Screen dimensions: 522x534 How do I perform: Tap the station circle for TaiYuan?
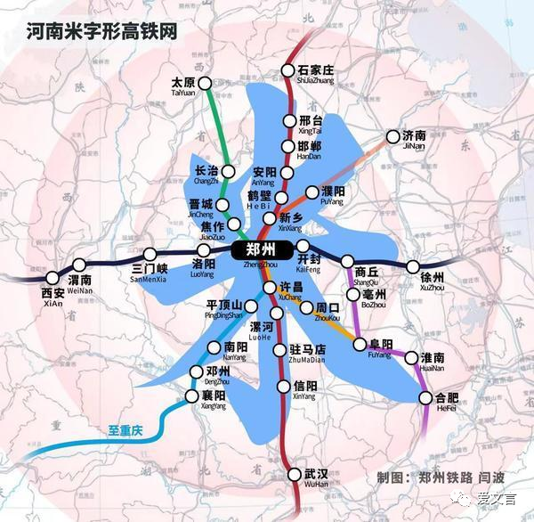206,84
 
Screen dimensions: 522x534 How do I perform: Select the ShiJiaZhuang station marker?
288,69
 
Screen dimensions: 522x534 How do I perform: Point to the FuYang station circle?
360,344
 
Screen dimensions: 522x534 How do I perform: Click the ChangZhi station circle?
228,172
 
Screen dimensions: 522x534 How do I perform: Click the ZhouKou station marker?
306,308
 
